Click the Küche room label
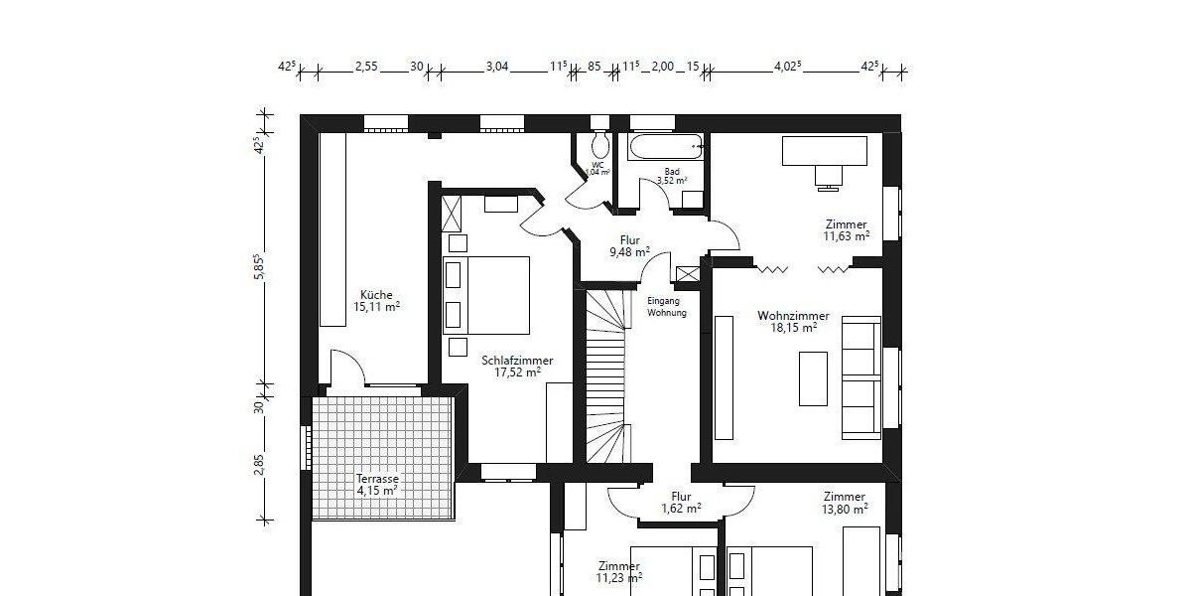[377, 295]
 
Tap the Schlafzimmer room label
[517, 361]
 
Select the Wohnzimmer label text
[793, 316]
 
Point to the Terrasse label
[377, 478]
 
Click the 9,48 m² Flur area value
[629, 252]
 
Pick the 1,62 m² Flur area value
[681, 509]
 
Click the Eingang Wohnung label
[666, 307]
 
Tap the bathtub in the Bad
[666, 147]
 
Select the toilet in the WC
[598, 137]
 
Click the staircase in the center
[606, 377]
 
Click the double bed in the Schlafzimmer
[486, 295]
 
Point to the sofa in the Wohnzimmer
[860, 377]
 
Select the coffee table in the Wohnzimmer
[813, 378]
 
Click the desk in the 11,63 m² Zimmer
[826, 151]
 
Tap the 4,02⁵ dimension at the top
[787, 68]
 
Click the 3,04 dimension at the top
[496, 68]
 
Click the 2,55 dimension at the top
[366, 68]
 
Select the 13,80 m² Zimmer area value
[846, 509]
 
